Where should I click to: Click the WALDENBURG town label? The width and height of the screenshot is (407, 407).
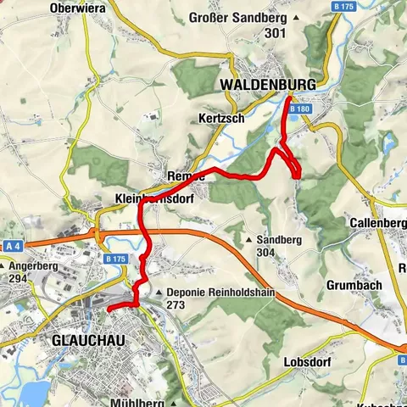click(266, 85)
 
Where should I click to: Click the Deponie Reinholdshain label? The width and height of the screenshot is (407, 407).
click(221, 292)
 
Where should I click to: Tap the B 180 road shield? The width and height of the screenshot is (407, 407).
click(298, 109)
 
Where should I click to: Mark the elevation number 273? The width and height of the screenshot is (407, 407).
click(176, 305)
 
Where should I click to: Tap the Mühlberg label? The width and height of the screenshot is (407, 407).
click(136, 400)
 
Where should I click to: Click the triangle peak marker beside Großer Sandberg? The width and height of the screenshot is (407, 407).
click(296, 18)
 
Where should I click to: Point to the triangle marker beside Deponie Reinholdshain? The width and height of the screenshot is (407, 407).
click(160, 292)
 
